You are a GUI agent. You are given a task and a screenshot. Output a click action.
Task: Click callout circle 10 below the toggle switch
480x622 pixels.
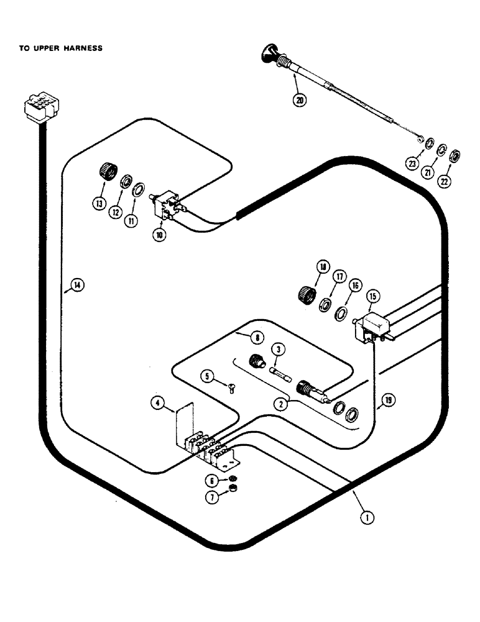point(160,236)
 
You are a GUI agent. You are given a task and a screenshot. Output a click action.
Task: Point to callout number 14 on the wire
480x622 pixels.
point(76,285)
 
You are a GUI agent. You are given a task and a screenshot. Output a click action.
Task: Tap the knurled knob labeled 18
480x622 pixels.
point(305,292)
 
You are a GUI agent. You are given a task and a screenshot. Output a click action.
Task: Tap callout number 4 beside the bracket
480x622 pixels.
point(158,403)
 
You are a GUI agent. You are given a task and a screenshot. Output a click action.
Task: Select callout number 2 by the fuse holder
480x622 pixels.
point(282,404)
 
